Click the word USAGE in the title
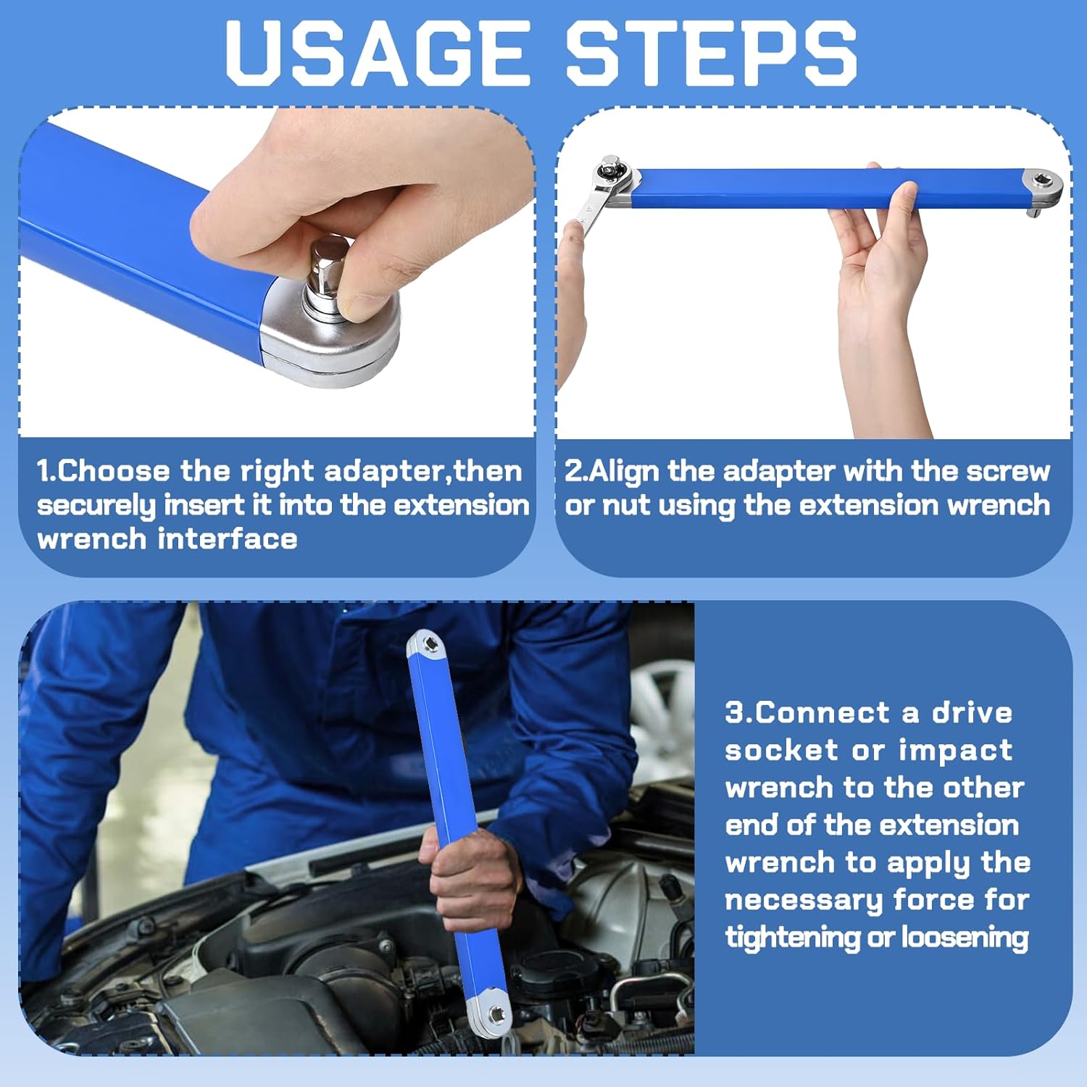tap(377, 53)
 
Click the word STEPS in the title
tap(710, 53)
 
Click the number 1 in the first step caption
tap(44, 471)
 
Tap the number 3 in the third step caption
tap(735, 712)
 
